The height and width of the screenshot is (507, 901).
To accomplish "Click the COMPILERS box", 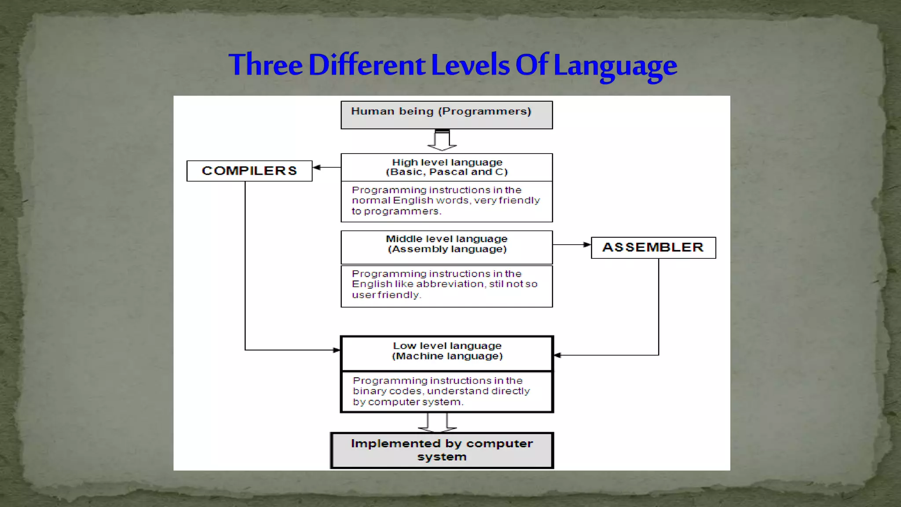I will point(249,171).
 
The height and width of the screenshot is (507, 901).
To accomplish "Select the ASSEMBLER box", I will point(653,247).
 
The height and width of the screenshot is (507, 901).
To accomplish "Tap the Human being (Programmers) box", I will point(447,115).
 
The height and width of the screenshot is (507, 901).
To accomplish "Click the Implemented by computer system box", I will point(442,450).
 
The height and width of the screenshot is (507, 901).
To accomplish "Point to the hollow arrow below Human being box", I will point(442,140).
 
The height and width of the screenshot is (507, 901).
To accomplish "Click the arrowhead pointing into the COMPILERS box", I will point(317,167).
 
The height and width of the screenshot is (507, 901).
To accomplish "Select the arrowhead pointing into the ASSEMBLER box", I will point(587,244).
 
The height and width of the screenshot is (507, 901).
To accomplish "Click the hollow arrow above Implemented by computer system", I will point(437,423).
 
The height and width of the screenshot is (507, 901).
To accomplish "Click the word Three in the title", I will point(266,65).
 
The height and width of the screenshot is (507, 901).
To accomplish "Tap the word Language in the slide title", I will point(615,66).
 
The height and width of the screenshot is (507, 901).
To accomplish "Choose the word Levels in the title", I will point(470,65).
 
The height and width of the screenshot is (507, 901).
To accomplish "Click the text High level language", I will point(447,162).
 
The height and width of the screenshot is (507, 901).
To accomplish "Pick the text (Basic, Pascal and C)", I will point(447,172).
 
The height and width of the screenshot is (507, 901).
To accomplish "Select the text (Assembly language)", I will point(447,249).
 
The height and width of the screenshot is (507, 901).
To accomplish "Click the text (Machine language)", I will point(447,356).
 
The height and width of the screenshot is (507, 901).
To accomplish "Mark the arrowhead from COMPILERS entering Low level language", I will point(337,350).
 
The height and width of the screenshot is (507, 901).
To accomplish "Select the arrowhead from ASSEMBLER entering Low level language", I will point(557,355).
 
